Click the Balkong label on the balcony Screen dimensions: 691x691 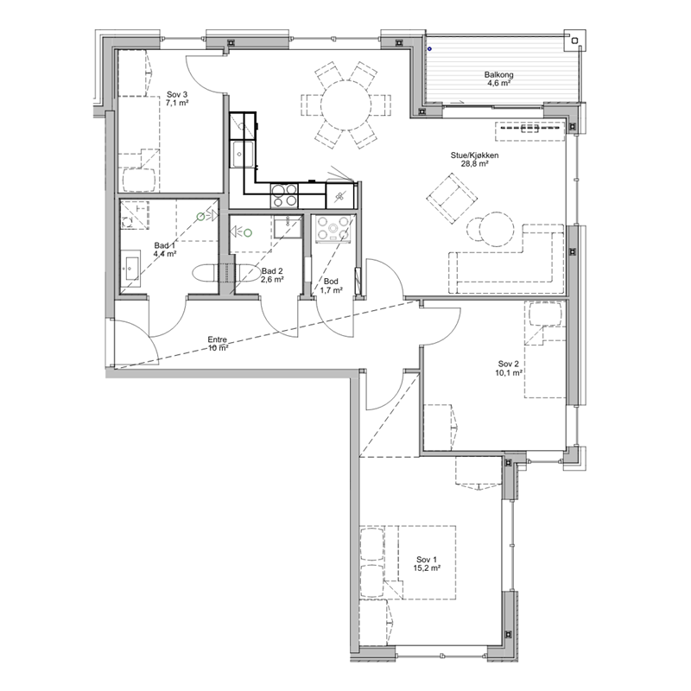point(498,74)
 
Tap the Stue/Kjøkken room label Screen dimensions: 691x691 point(474,155)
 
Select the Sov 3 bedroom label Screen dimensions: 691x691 point(177,94)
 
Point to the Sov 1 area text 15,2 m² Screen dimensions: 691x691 point(427,568)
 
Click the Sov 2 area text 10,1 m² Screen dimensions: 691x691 point(509,372)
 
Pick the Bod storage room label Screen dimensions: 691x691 point(331,282)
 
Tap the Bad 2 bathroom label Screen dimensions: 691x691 point(272,271)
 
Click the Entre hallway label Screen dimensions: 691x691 point(218,339)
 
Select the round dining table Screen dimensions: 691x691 point(346,105)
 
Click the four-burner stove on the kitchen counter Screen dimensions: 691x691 point(284,195)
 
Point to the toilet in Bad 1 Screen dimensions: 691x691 point(206,273)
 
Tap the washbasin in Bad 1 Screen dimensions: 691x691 point(131,266)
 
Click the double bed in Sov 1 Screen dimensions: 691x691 point(427,562)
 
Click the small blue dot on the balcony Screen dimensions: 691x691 point(429,49)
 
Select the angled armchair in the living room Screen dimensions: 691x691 point(452,198)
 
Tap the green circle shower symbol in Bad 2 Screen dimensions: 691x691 point(248,231)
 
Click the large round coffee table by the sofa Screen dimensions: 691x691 point(497,229)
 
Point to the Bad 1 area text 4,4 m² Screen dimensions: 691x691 point(165,254)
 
